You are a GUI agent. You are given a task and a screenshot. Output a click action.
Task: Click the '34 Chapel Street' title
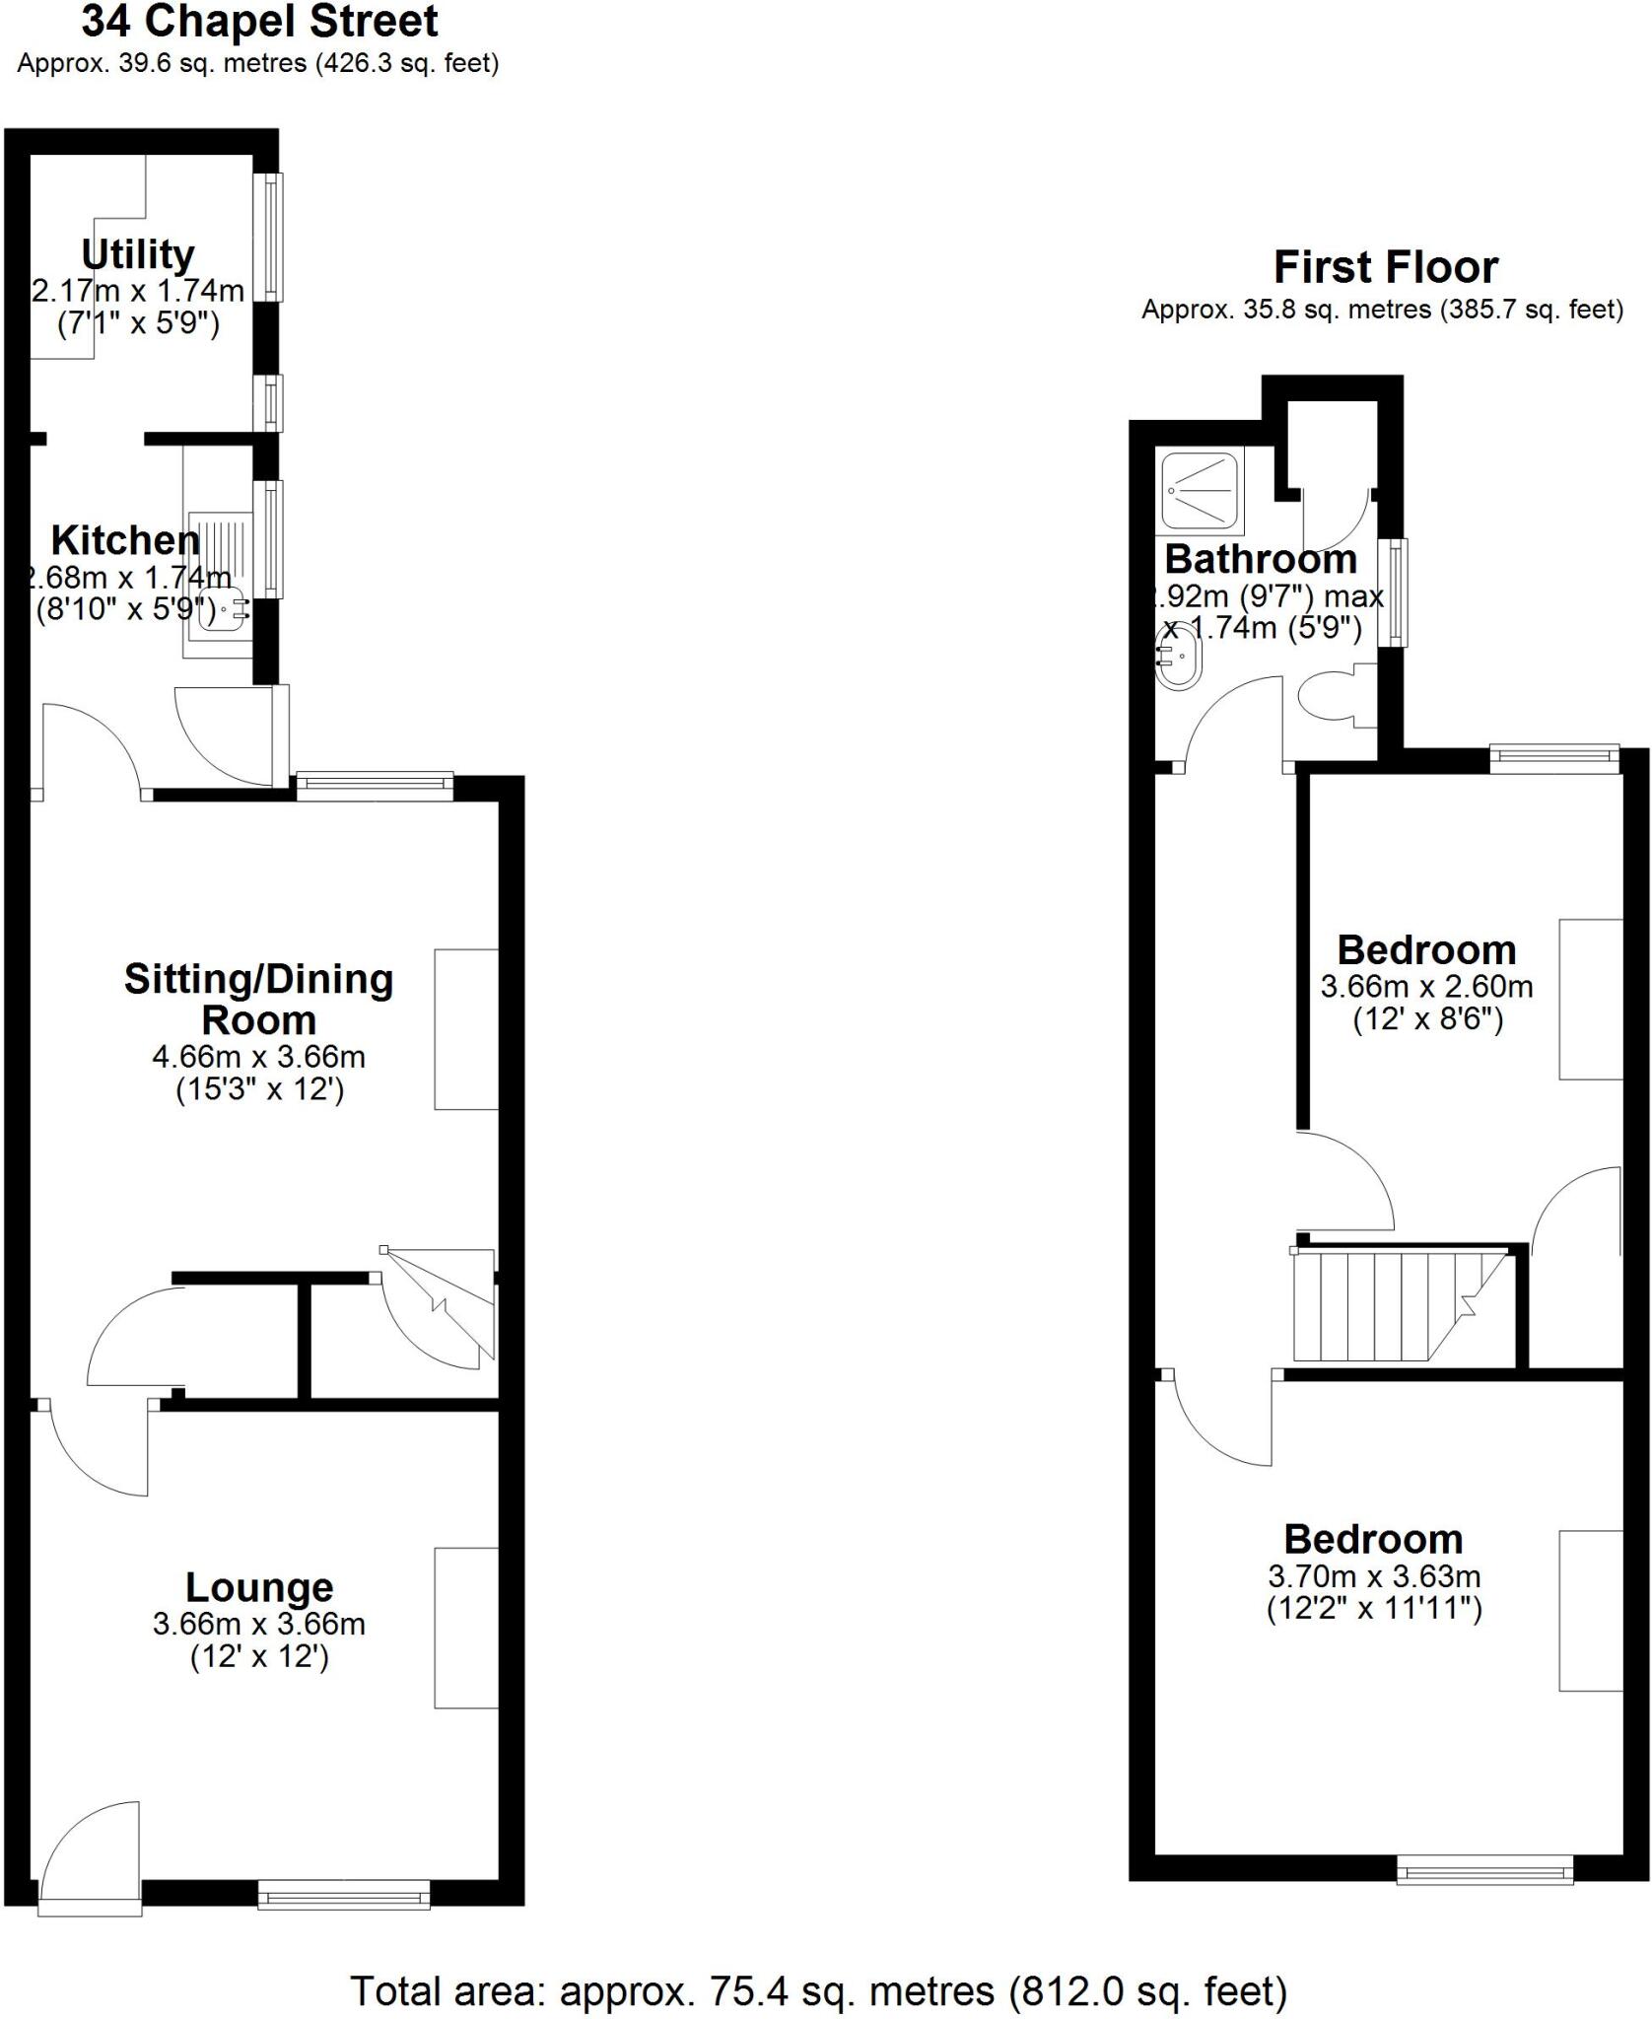coord(259,22)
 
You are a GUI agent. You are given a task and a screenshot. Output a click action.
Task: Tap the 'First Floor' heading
coord(1385,267)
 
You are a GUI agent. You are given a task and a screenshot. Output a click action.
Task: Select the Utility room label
coord(137,254)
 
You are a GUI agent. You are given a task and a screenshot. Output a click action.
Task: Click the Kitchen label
coord(125,540)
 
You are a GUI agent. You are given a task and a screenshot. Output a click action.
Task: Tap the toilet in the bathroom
coord(1332,696)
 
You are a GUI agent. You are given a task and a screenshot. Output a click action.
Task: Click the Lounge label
coord(259,1586)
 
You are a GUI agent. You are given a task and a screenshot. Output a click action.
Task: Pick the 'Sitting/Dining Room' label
coord(258,999)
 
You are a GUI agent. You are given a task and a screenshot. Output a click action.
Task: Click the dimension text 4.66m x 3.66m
coord(258,1057)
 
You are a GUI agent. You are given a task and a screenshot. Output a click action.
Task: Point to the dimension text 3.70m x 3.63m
coord(1374,1576)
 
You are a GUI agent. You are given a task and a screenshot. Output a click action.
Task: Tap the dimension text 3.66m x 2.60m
coord(1426,986)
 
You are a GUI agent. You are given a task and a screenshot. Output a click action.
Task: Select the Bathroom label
coord(1261,559)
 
